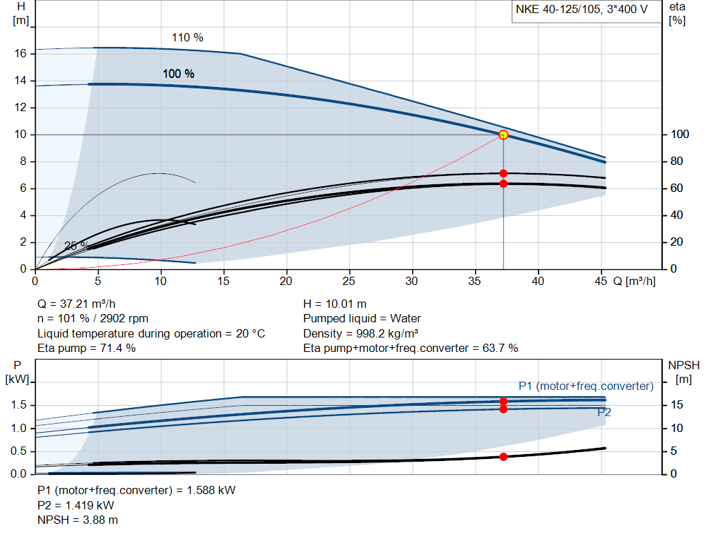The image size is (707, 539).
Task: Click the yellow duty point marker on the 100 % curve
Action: tap(503, 135)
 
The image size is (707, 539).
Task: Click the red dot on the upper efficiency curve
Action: tap(503, 173)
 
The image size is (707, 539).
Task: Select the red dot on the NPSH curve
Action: tap(503, 457)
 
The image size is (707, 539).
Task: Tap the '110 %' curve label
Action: tap(187, 38)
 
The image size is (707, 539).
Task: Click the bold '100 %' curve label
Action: tap(178, 74)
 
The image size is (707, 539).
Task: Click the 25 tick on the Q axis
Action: tap(349, 282)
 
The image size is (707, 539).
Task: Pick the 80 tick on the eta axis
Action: tap(677, 161)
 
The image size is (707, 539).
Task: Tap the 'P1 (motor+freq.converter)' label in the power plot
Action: tap(585, 386)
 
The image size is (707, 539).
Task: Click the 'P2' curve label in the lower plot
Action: tap(604, 413)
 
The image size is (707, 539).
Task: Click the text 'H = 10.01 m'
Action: tap(335, 304)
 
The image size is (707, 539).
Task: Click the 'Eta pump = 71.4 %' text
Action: tap(86, 348)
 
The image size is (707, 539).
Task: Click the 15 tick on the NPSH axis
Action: tap(677, 405)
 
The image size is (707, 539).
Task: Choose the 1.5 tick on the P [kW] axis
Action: tap(19, 405)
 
